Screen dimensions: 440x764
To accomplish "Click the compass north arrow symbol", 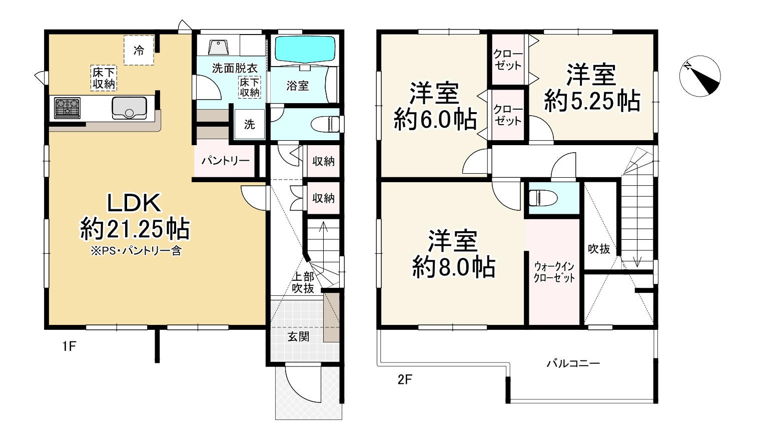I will [x=700, y=76].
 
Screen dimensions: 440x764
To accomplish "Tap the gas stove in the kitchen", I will [x=67, y=108].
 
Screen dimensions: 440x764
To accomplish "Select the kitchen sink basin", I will [x=129, y=108].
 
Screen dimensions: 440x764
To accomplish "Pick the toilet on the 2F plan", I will [x=542, y=198].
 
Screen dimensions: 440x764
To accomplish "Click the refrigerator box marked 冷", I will [x=139, y=51].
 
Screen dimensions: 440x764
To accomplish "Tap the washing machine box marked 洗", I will [x=249, y=124].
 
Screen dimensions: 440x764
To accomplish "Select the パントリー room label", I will [x=225, y=161].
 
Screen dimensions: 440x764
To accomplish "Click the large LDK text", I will [x=134, y=203].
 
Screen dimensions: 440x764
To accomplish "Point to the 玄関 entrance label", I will [x=298, y=337].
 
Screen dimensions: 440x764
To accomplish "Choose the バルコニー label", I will [x=572, y=363].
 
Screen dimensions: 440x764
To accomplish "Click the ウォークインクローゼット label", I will [x=554, y=272].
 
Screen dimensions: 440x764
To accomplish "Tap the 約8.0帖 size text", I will [x=454, y=267].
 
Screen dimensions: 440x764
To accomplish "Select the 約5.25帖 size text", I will [x=592, y=101].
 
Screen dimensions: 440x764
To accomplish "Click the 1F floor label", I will [x=69, y=346].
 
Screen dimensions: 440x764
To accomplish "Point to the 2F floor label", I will [x=404, y=379].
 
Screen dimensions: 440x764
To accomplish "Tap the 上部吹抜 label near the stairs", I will [x=303, y=283].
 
